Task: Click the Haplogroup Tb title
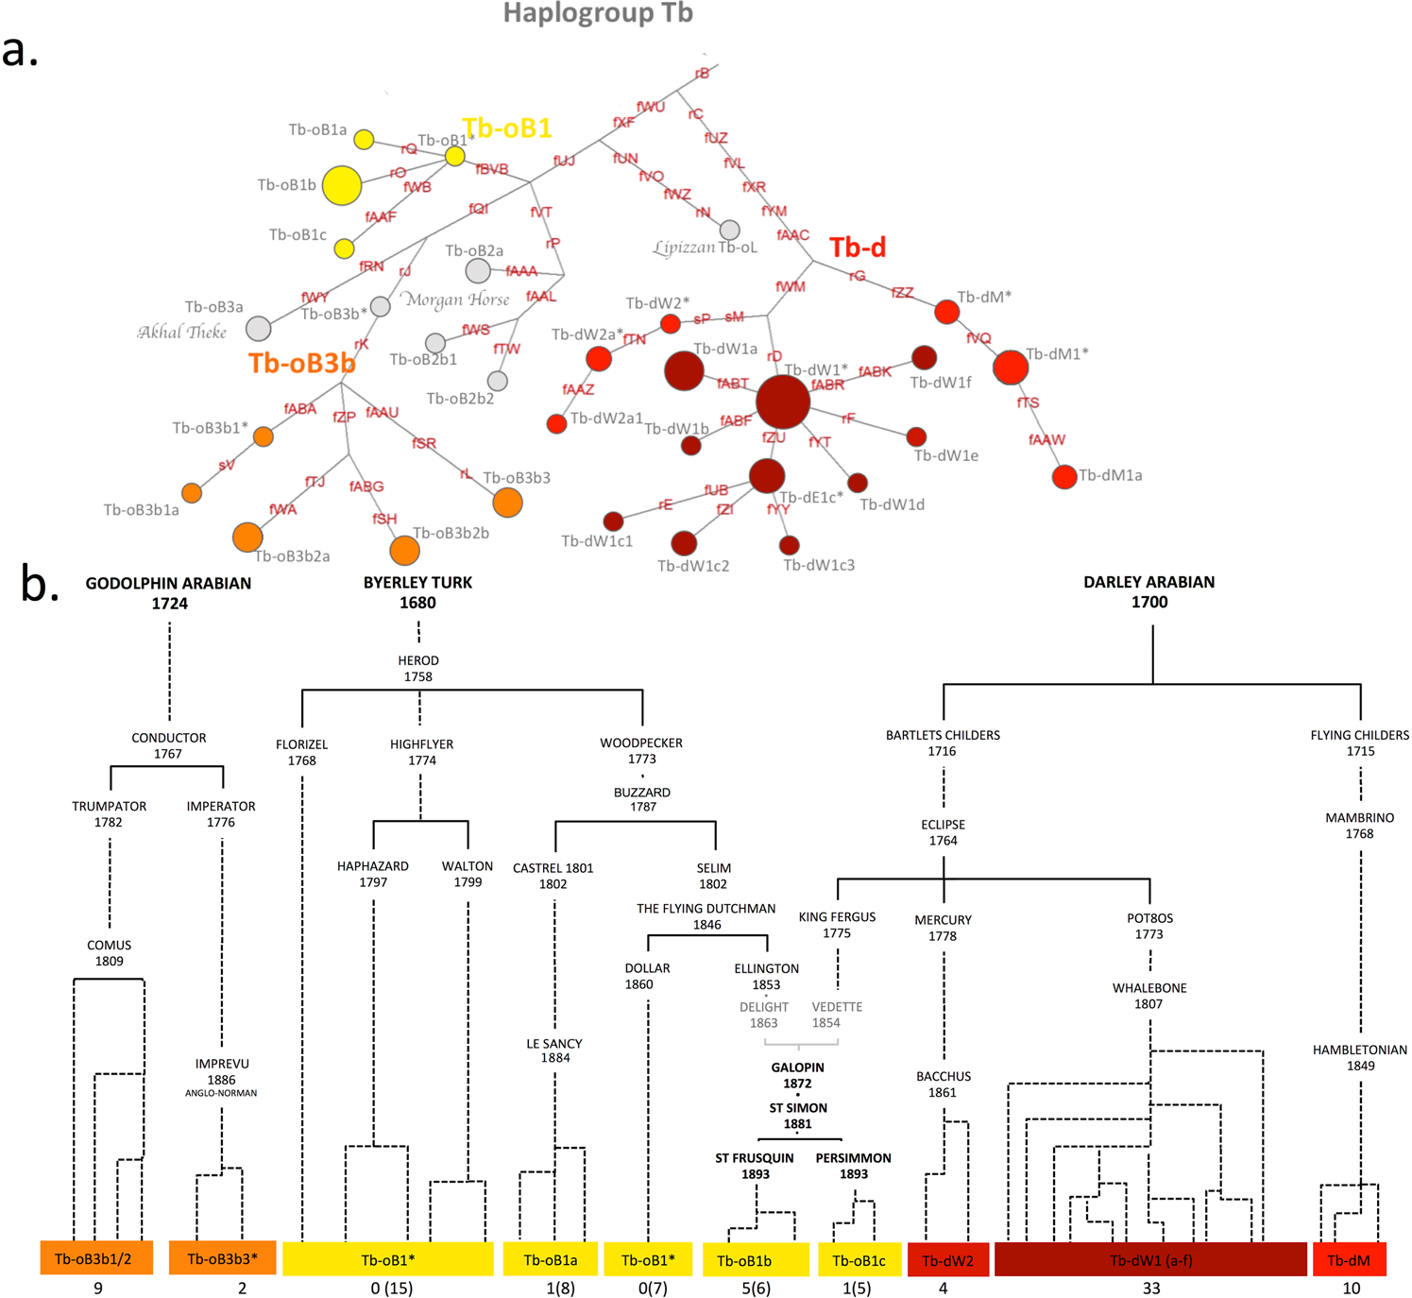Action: click(598, 13)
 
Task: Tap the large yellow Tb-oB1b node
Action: click(342, 185)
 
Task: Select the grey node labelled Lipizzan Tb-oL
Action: click(729, 230)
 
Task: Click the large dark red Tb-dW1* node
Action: click(783, 401)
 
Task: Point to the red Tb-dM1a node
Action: click(1064, 477)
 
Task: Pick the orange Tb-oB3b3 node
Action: click(507, 503)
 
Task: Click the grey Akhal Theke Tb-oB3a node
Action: click(259, 328)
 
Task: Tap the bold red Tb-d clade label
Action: click(858, 248)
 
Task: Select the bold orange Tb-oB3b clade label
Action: click(302, 363)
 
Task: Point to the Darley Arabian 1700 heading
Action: click(1149, 592)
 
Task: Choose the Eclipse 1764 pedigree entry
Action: click(943, 832)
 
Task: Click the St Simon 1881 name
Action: click(798, 1116)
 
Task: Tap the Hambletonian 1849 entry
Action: click(1360, 1057)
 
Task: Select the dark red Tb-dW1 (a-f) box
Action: click(1150, 1260)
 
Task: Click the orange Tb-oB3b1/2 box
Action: click(96, 1259)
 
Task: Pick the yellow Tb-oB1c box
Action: click(859, 1260)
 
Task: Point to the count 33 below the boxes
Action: click(1150, 1288)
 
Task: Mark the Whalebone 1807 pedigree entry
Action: click(1149, 996)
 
